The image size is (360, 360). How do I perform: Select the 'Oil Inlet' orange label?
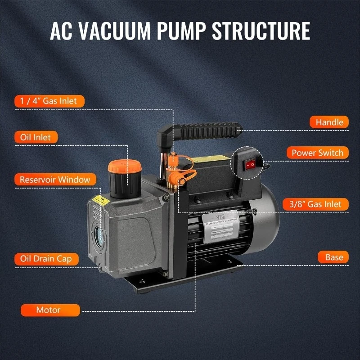pyautogui.click(x=36, y=136)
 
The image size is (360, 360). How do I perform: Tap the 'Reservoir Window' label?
pyautogui.click(x=55, y=180)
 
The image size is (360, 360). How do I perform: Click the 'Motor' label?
pyautogui.click(x=49, y=310)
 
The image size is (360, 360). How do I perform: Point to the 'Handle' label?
pyautogui.click(x=329, y=122)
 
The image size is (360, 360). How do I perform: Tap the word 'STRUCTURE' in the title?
pyautogui.click(x=261, y=31)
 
